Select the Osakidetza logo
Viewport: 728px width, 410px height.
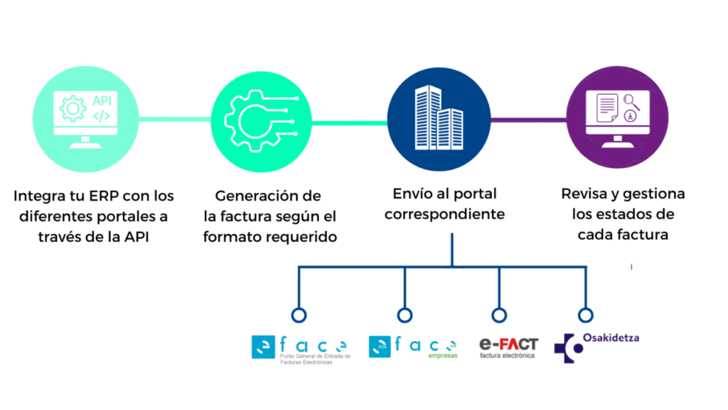[596, 348]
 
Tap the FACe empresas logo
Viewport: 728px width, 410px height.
[413, 347]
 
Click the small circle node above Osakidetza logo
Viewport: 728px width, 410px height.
[585, 315]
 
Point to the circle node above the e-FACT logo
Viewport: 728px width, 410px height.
[500, 315]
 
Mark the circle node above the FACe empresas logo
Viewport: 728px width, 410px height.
[405, 315]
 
